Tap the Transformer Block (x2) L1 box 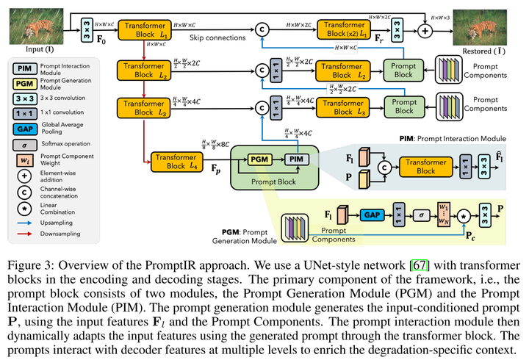(345, 29)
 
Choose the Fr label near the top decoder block (381, 35)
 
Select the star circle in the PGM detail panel (464, 217)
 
